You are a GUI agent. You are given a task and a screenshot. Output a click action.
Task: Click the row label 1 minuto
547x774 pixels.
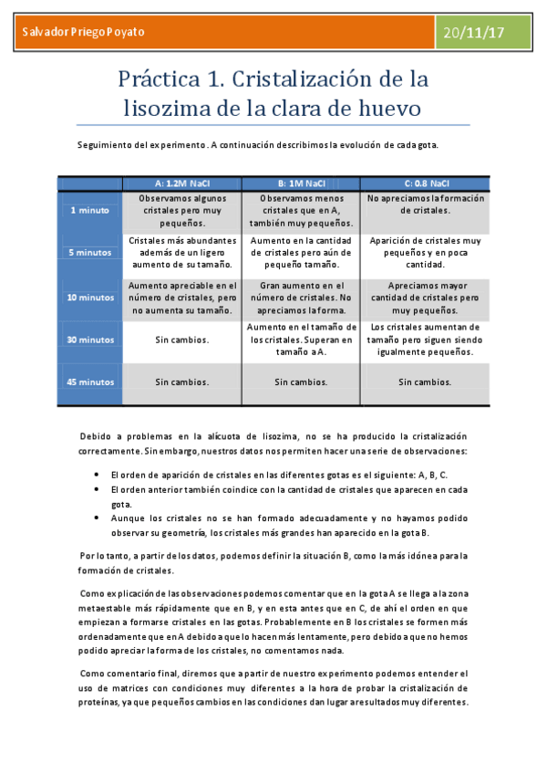[x=89, y=210]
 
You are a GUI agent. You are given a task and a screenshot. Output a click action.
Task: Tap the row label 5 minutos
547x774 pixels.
[x=89, y=252]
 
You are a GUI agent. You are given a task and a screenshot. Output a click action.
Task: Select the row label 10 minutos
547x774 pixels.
[x=89, y=297]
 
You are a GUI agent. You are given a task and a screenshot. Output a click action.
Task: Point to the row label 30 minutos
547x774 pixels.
[x=89, y=340]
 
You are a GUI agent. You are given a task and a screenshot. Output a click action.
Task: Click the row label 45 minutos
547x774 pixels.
[x=89, y=382]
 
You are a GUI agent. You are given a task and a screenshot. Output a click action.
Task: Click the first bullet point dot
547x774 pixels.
[x=98, y=476]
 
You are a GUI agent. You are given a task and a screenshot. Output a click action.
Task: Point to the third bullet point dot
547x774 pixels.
[x=98, y=518]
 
